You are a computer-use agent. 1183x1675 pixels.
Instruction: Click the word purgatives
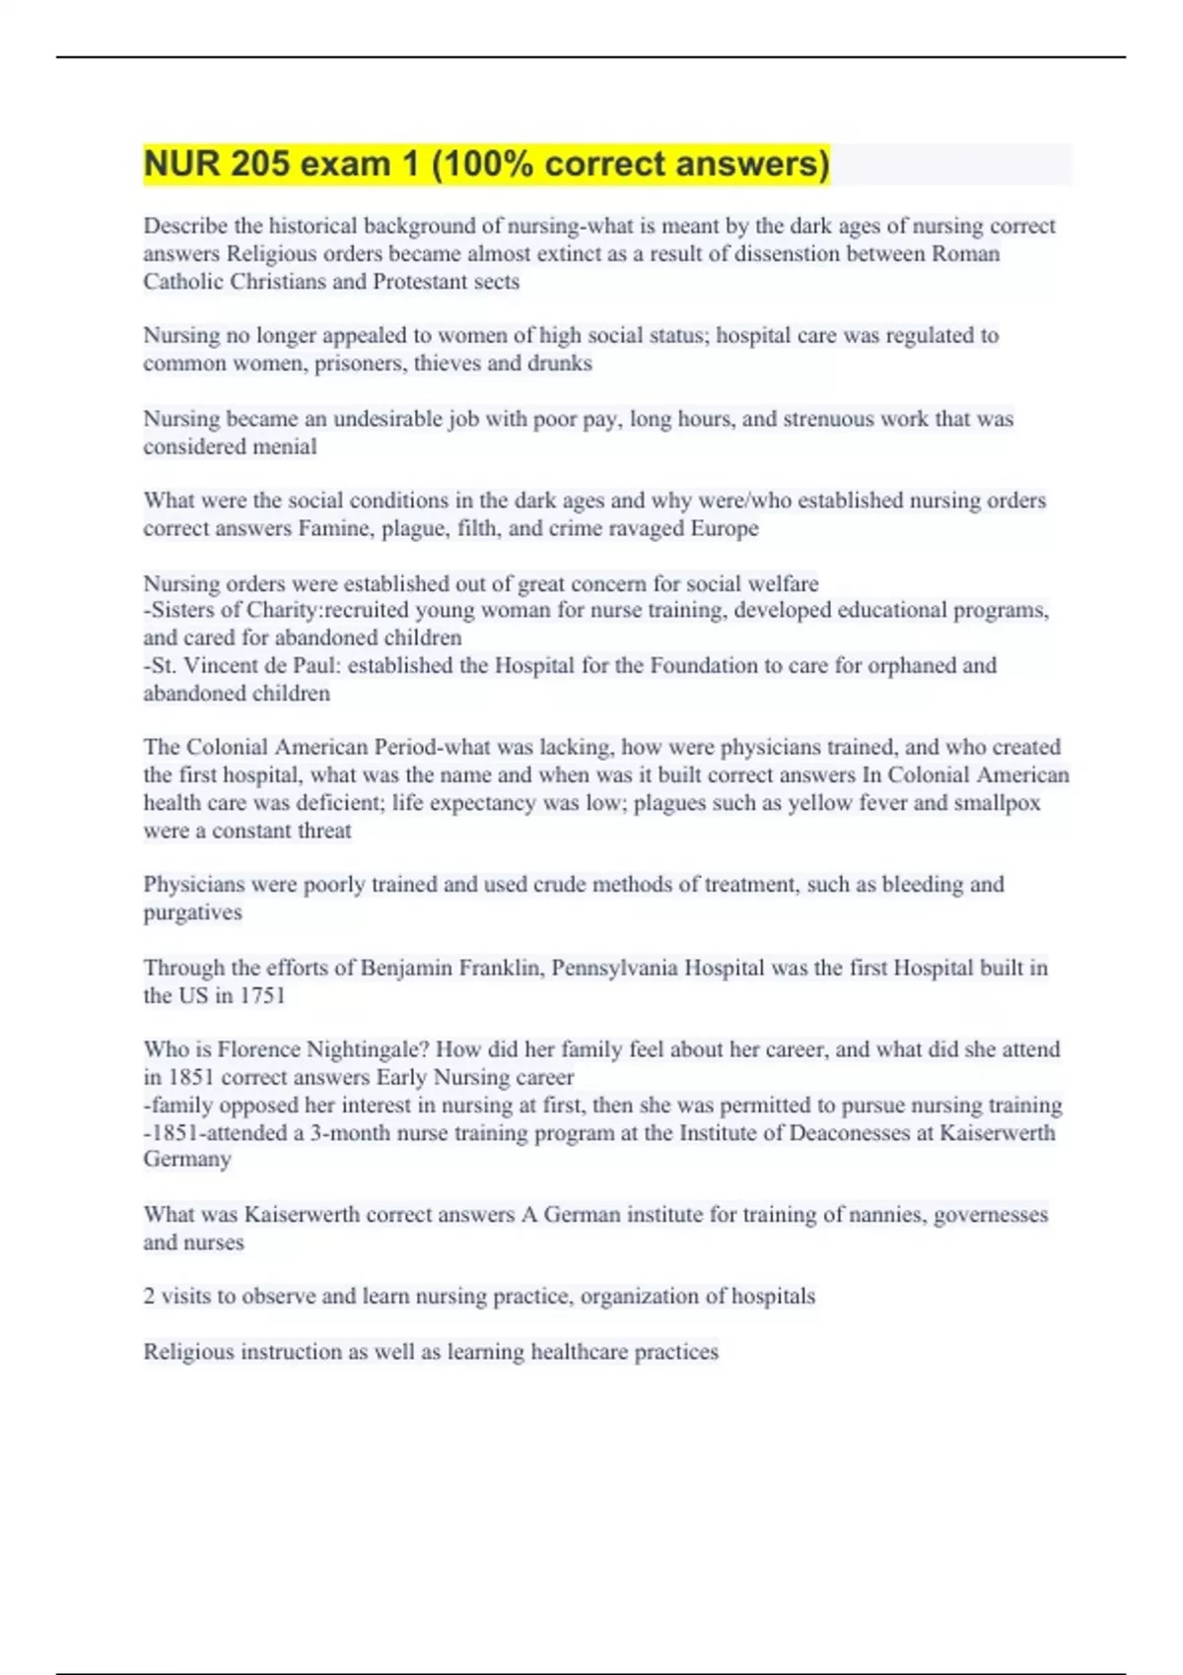click(x=192, y=913)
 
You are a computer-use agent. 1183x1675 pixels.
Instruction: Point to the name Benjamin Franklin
click(x=451, y=969)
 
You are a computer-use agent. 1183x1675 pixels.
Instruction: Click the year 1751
click(x=262, y=996)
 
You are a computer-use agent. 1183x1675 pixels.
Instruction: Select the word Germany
click(x=187, y=1160)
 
